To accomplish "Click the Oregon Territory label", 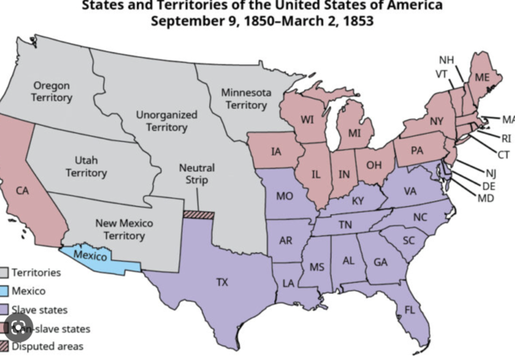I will [52, 91].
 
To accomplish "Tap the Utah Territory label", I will [86, 167].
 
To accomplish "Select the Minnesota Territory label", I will [245, 99].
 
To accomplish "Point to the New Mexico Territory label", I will [125, 229].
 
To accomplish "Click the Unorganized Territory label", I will [167, 121].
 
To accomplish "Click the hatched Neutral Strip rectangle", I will [199, 214].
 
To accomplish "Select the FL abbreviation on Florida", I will [410, 309].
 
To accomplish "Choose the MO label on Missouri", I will [283, 196].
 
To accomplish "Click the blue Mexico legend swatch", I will [6, 291].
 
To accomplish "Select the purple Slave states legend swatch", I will [6, 309].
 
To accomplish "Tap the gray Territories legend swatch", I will [6, 272].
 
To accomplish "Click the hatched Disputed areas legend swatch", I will [6, 346].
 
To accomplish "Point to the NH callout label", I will [446, 60].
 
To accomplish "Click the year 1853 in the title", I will [357, 19].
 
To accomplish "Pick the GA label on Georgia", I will [380, 262].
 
